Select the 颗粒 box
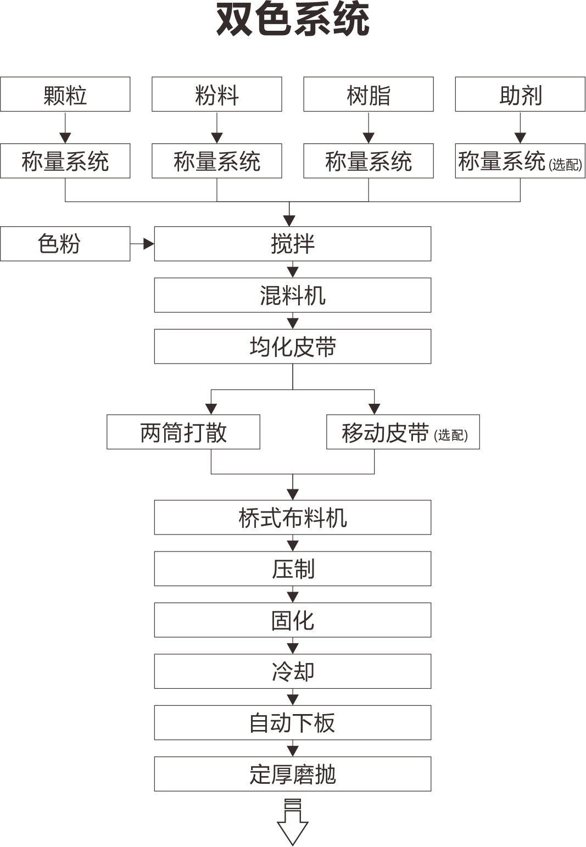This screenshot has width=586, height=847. (65, 94)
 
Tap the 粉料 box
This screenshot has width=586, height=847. (216, 94)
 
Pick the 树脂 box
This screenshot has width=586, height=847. (368, 94)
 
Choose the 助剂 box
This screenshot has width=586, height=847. (520, 94)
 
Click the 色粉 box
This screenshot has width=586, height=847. (65, 244)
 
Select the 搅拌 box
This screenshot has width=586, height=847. (293, 244)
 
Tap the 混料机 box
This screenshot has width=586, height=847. (293, 296)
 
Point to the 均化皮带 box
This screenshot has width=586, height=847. (293, 347)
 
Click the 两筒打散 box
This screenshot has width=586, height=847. (183, 432)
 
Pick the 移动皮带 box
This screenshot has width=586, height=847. (403, 432)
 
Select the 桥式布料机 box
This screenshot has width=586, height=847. (293, 517)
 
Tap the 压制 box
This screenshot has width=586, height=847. (293, 569)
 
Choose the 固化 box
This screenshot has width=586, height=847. (293, 620)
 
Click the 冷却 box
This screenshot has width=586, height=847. (293, 671)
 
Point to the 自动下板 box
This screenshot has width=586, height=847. (293, 723)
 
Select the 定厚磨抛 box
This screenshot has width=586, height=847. (293, 773)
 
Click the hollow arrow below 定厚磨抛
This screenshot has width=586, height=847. (293, 828)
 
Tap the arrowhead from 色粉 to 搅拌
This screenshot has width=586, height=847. (149, 244)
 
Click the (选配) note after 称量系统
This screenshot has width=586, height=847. (565, 164)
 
